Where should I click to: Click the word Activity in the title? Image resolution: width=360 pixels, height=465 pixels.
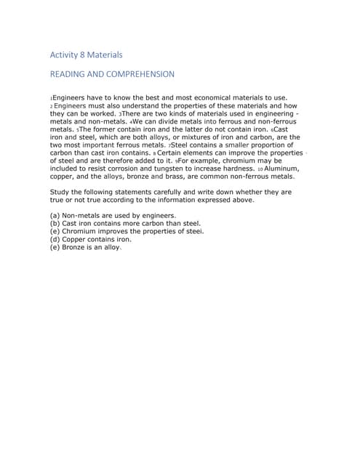click(65, 54)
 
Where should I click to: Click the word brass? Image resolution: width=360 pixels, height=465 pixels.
click(178, 177)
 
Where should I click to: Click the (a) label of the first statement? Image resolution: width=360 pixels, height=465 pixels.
click(54, 216)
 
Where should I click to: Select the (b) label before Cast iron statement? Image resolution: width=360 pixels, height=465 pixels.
click(54, 224)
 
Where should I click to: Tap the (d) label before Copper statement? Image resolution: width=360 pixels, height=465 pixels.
click(54, 239)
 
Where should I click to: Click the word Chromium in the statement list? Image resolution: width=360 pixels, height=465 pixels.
click(79, 231)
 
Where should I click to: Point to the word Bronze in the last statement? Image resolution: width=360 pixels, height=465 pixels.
click(76, 247)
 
